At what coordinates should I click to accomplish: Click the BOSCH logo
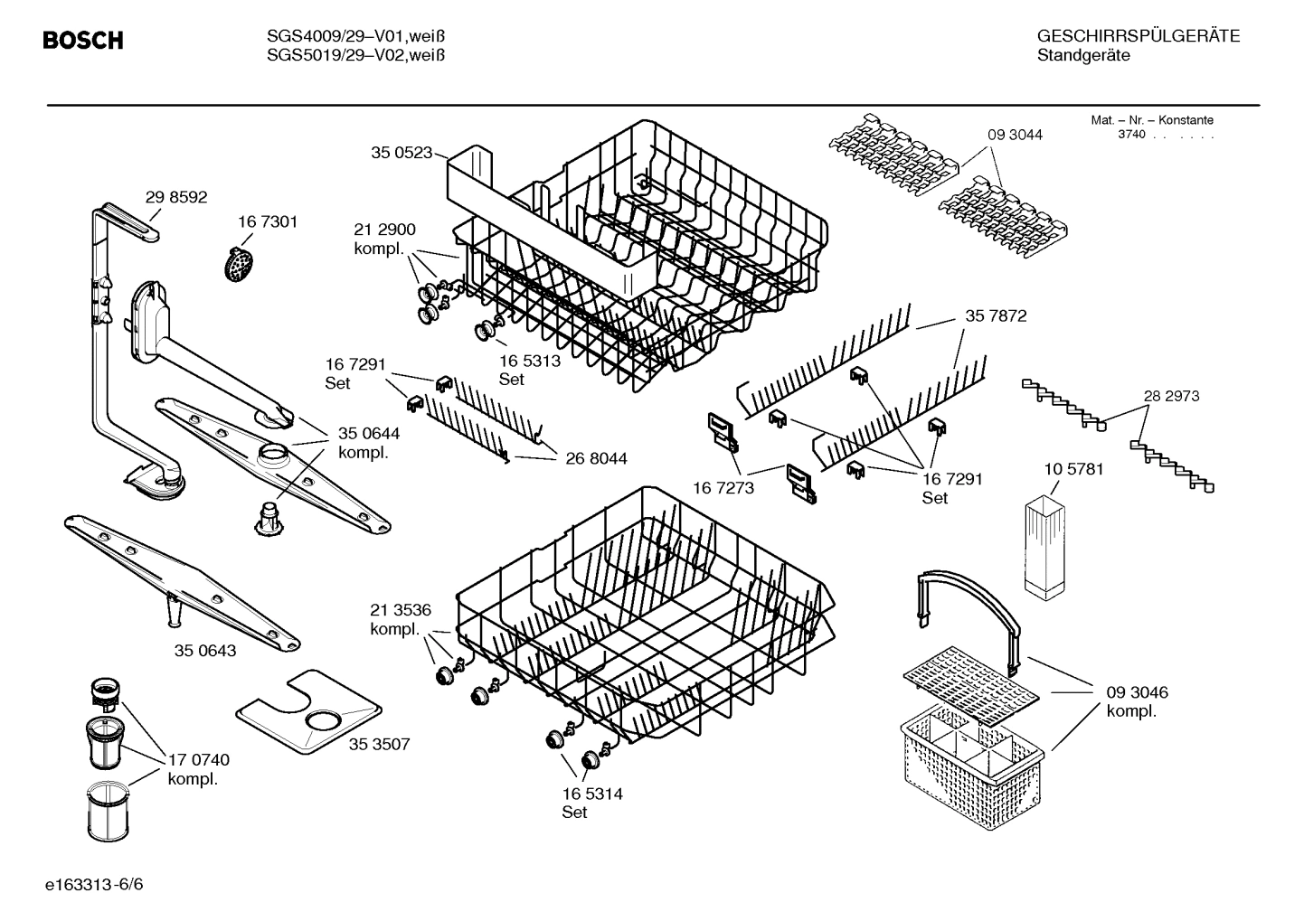tap(82, 41)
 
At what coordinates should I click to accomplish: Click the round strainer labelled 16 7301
tap(238, 263)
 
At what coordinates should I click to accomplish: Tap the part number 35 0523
tap(402, 153)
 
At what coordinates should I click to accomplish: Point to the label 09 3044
tap(1015, 135)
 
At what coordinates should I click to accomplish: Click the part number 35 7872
tap(996, 316)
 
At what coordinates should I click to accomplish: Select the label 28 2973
tap(1171, 396)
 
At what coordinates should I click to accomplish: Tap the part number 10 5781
tap(1073, 469)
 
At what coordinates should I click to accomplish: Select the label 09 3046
tap(1137, 692)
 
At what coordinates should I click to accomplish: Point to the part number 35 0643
tap(205, 651)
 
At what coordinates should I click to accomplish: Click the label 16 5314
tap(591, 794)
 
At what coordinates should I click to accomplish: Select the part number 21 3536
tap(401, 609)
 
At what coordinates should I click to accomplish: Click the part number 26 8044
tap(596, 459)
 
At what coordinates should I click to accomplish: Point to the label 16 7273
tap(723, 488)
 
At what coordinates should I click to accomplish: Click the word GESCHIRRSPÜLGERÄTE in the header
tap(1138, 36)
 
